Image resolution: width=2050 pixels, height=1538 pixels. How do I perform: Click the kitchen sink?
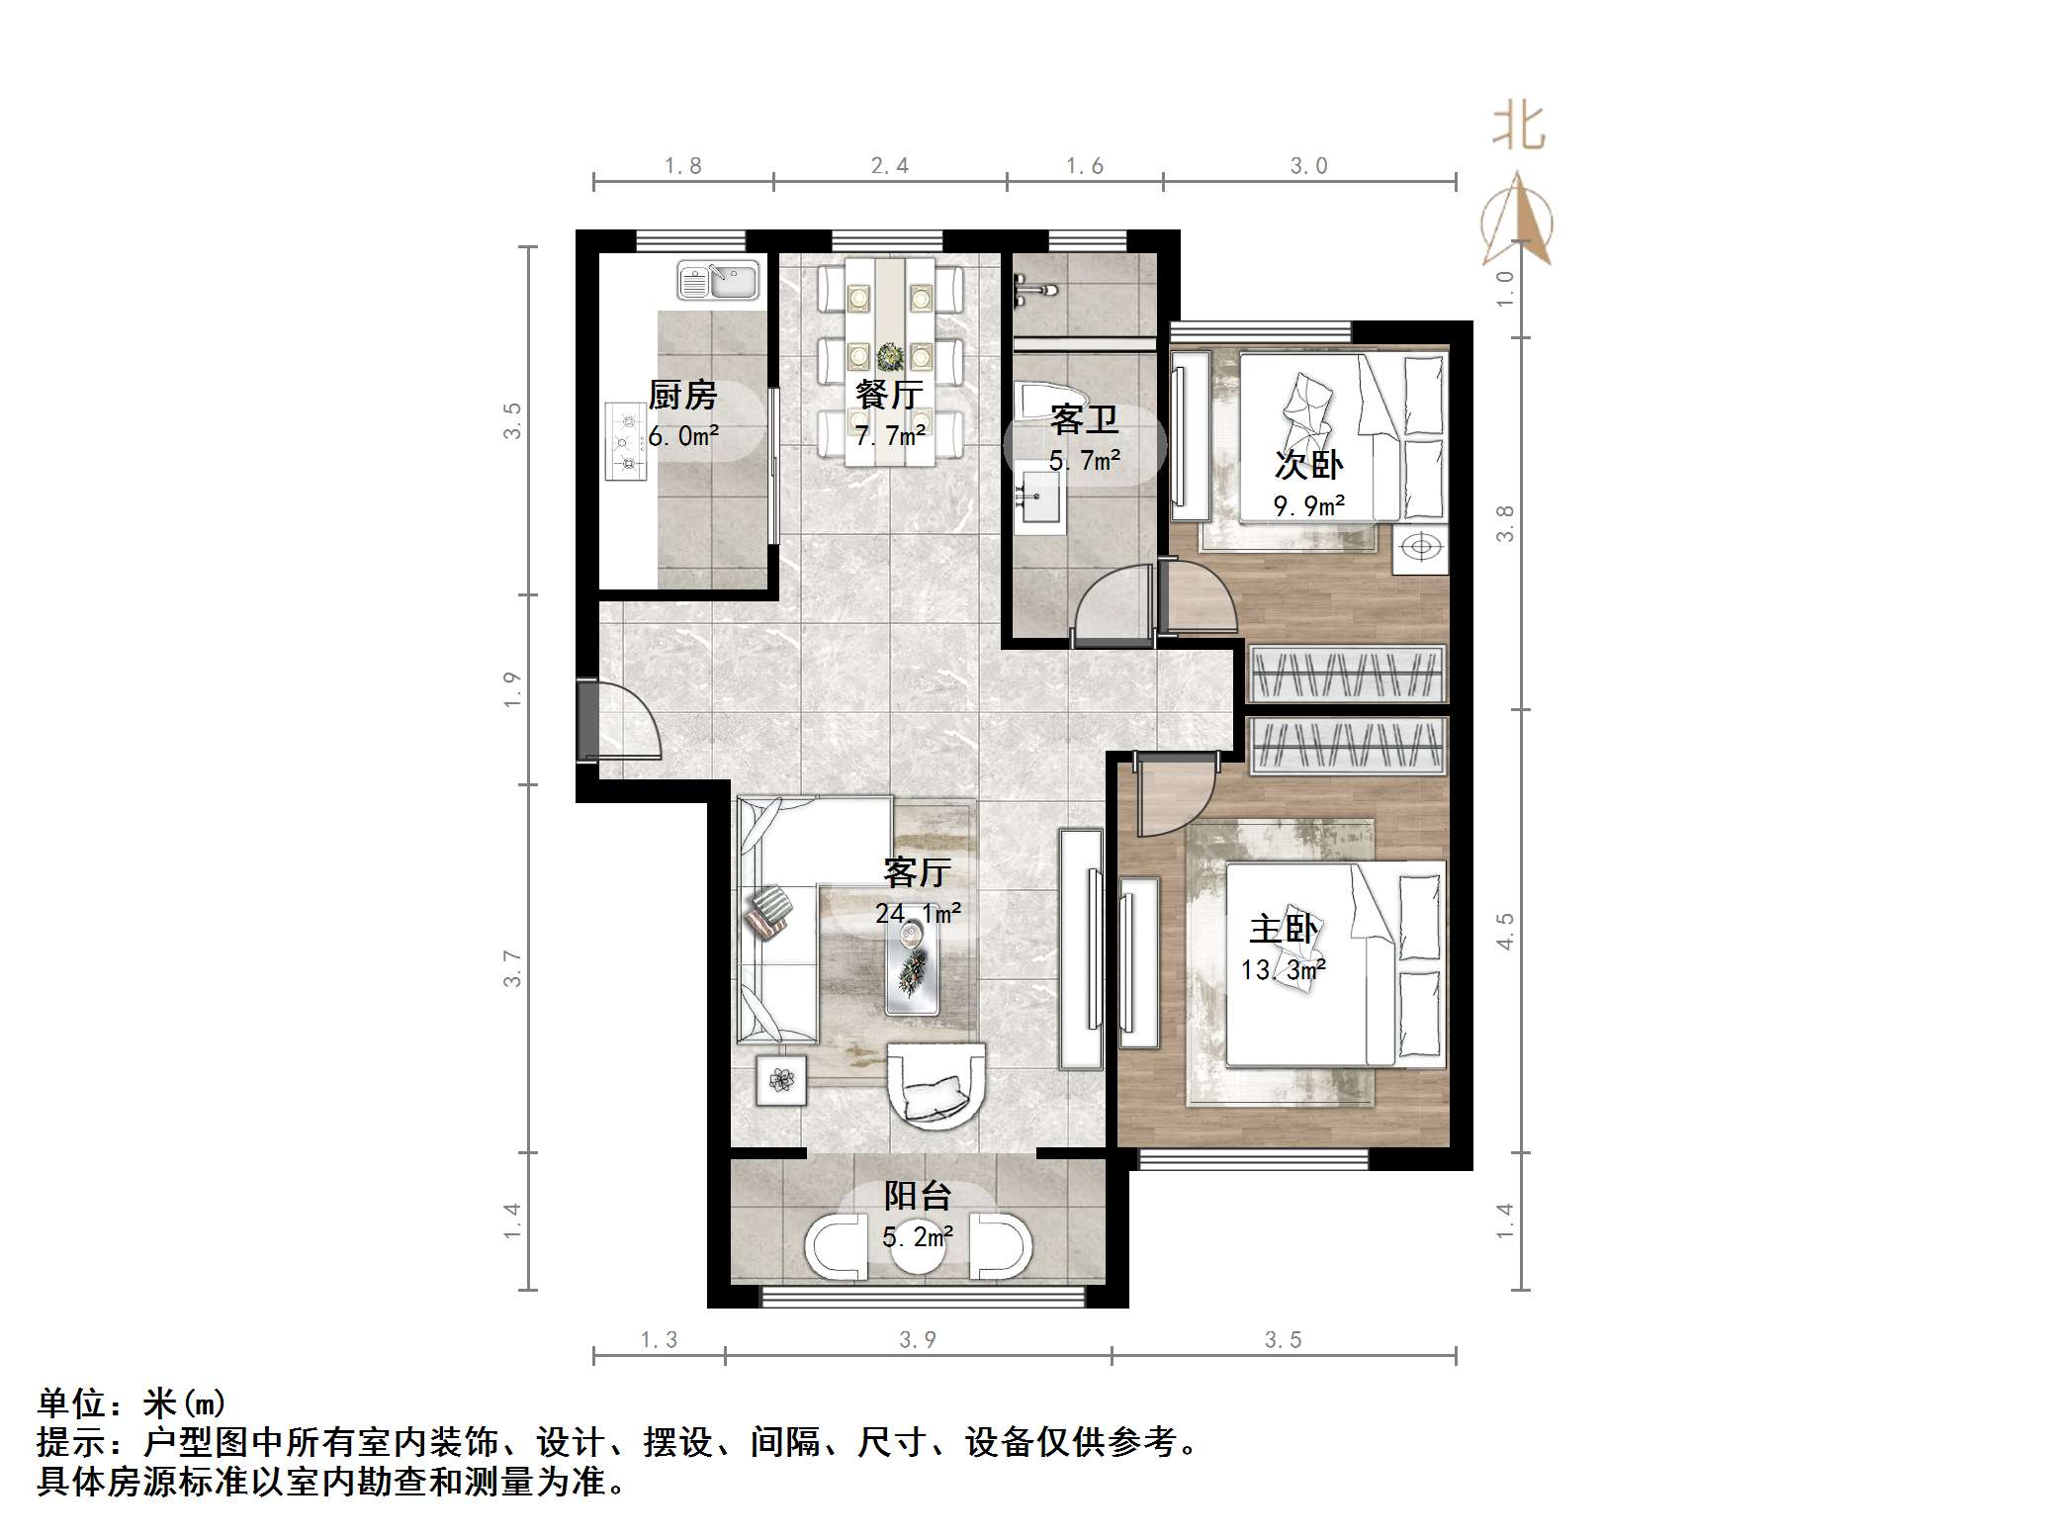pyautogui.click(x=718, y=280)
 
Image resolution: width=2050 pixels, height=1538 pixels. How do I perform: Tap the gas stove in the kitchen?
pyautogui.click(x=625, y=441)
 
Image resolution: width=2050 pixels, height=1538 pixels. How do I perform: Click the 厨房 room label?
pyautogui.click(x=682, y=395)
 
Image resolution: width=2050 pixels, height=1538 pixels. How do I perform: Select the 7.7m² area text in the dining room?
pyautogui.click(x=890, y=435)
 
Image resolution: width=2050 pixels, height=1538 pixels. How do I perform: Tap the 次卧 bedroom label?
pyautogui.click(x=1308, y=464)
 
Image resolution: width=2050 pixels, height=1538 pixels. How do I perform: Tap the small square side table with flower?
pyautogui.click(x=781, y=1080)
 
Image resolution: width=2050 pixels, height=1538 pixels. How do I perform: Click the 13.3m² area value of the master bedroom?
pyautogui.click(x=1283, y=970)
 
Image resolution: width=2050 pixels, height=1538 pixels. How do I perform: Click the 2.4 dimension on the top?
pyautogui.click(x=889, y=166)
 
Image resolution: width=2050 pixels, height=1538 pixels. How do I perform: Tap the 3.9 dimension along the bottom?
pyautogui.click(x=917, y=1339)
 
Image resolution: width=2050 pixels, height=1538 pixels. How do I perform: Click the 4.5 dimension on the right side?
pyautogui.click(x=1505, y=931)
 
